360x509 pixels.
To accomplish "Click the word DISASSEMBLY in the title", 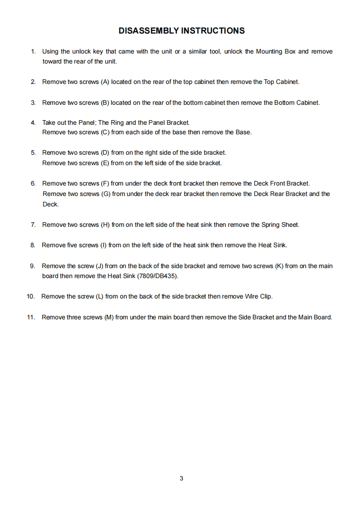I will pyautogui.click(x=148, y=31).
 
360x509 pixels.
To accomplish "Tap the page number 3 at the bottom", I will pyautogui.click(x=181, y=478).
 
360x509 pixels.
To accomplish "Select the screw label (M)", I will pyautogui.click(x=109, y=317).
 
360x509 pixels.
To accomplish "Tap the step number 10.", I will pyautogui.click(x=30, y=297).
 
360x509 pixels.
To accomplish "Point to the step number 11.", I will pyautogui.click(x=30, y=317).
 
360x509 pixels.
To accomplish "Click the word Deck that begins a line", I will pyautogui.click(x=50, y=204).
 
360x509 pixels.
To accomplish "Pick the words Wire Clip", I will pyautogui.click(x=258, y=297).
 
